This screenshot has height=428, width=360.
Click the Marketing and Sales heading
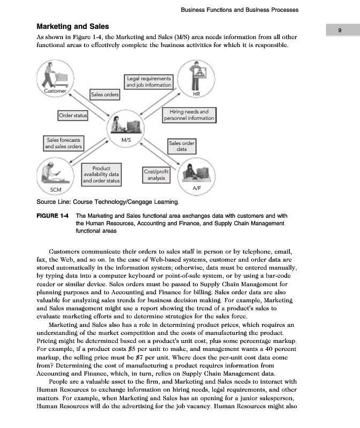(72, 26)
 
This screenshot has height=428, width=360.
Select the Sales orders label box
(105, 95)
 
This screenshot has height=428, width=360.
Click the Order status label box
(73, 116)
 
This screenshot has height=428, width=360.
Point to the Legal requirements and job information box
(149, 81)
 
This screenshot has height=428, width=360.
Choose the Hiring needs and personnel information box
(188, 115)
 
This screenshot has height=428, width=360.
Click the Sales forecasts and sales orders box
(63, 143)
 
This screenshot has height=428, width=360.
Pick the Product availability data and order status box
(101, 174)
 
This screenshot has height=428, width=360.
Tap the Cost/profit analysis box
(156, 174)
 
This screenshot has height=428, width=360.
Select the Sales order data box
(182, 146)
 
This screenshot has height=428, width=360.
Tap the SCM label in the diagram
(56, 190)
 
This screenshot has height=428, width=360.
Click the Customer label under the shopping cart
(55, 91)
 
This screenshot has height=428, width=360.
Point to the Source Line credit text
(107, 202)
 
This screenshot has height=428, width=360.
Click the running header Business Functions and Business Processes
(240, 10)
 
